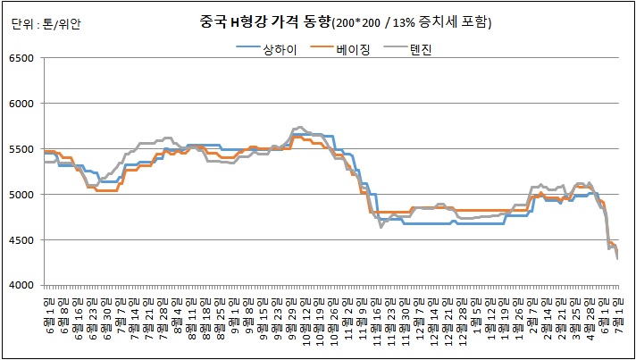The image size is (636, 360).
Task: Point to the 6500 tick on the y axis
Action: [x=20, y=58]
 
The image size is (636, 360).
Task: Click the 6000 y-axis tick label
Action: [x=20, y=104]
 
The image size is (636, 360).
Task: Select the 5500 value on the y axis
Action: [x=20, y=149]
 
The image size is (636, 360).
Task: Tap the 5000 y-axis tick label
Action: [x=20, y=195]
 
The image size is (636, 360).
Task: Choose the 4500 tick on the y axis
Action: [x=20, y=240]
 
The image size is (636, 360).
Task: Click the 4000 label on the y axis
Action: [x=20, y=286]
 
